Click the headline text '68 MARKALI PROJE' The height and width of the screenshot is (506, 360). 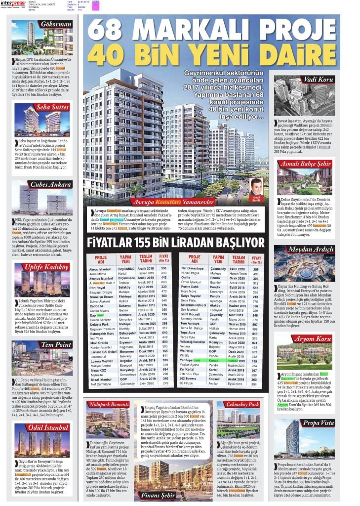[x=211, y=29]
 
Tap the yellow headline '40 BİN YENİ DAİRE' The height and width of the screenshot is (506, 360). [x=211, y=53]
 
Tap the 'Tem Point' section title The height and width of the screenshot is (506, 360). [x=53, y=344]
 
